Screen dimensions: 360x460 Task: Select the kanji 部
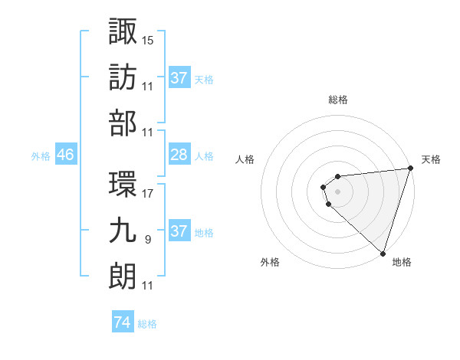point(123,123)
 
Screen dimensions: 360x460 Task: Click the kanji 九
point(123,231)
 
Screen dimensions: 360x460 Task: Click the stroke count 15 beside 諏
point(149,39)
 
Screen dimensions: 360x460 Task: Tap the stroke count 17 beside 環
point(149,194)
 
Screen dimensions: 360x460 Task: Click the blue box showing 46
point(66,155)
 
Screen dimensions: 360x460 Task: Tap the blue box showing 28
point(179,155)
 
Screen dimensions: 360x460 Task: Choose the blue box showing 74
point(122,323)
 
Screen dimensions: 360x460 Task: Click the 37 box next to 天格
point(179,78)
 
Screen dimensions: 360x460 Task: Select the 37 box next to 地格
point(179,232)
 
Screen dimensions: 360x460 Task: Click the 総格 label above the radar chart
point(338,100)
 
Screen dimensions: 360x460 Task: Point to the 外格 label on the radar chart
point(270,262)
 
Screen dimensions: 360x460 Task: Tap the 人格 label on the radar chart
point(245,159)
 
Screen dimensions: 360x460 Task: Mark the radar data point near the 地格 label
point(383,253)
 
